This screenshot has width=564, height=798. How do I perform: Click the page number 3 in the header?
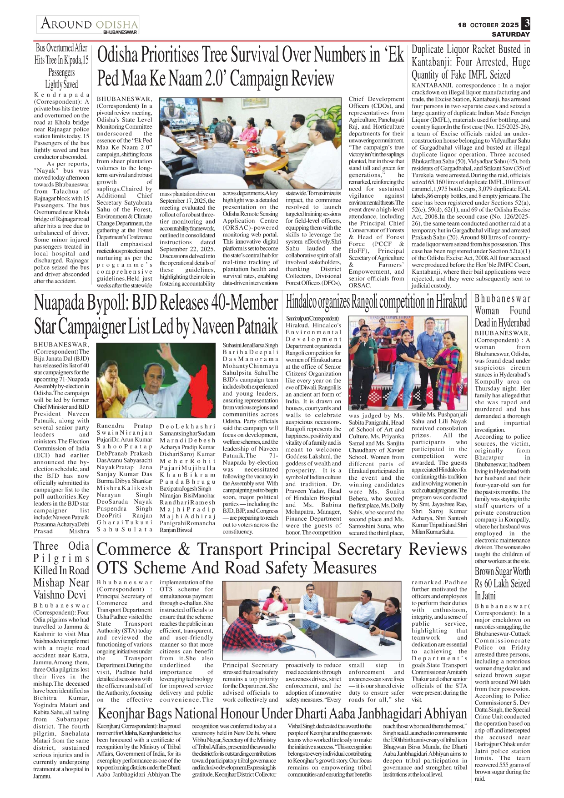526,23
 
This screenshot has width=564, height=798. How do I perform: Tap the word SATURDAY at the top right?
510,34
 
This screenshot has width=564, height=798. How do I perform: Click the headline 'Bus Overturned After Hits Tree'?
61,66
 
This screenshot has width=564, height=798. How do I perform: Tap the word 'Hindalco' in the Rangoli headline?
302,301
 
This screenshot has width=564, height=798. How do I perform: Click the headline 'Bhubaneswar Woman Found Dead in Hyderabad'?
502,311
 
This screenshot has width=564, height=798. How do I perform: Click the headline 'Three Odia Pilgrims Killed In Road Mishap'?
61,570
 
